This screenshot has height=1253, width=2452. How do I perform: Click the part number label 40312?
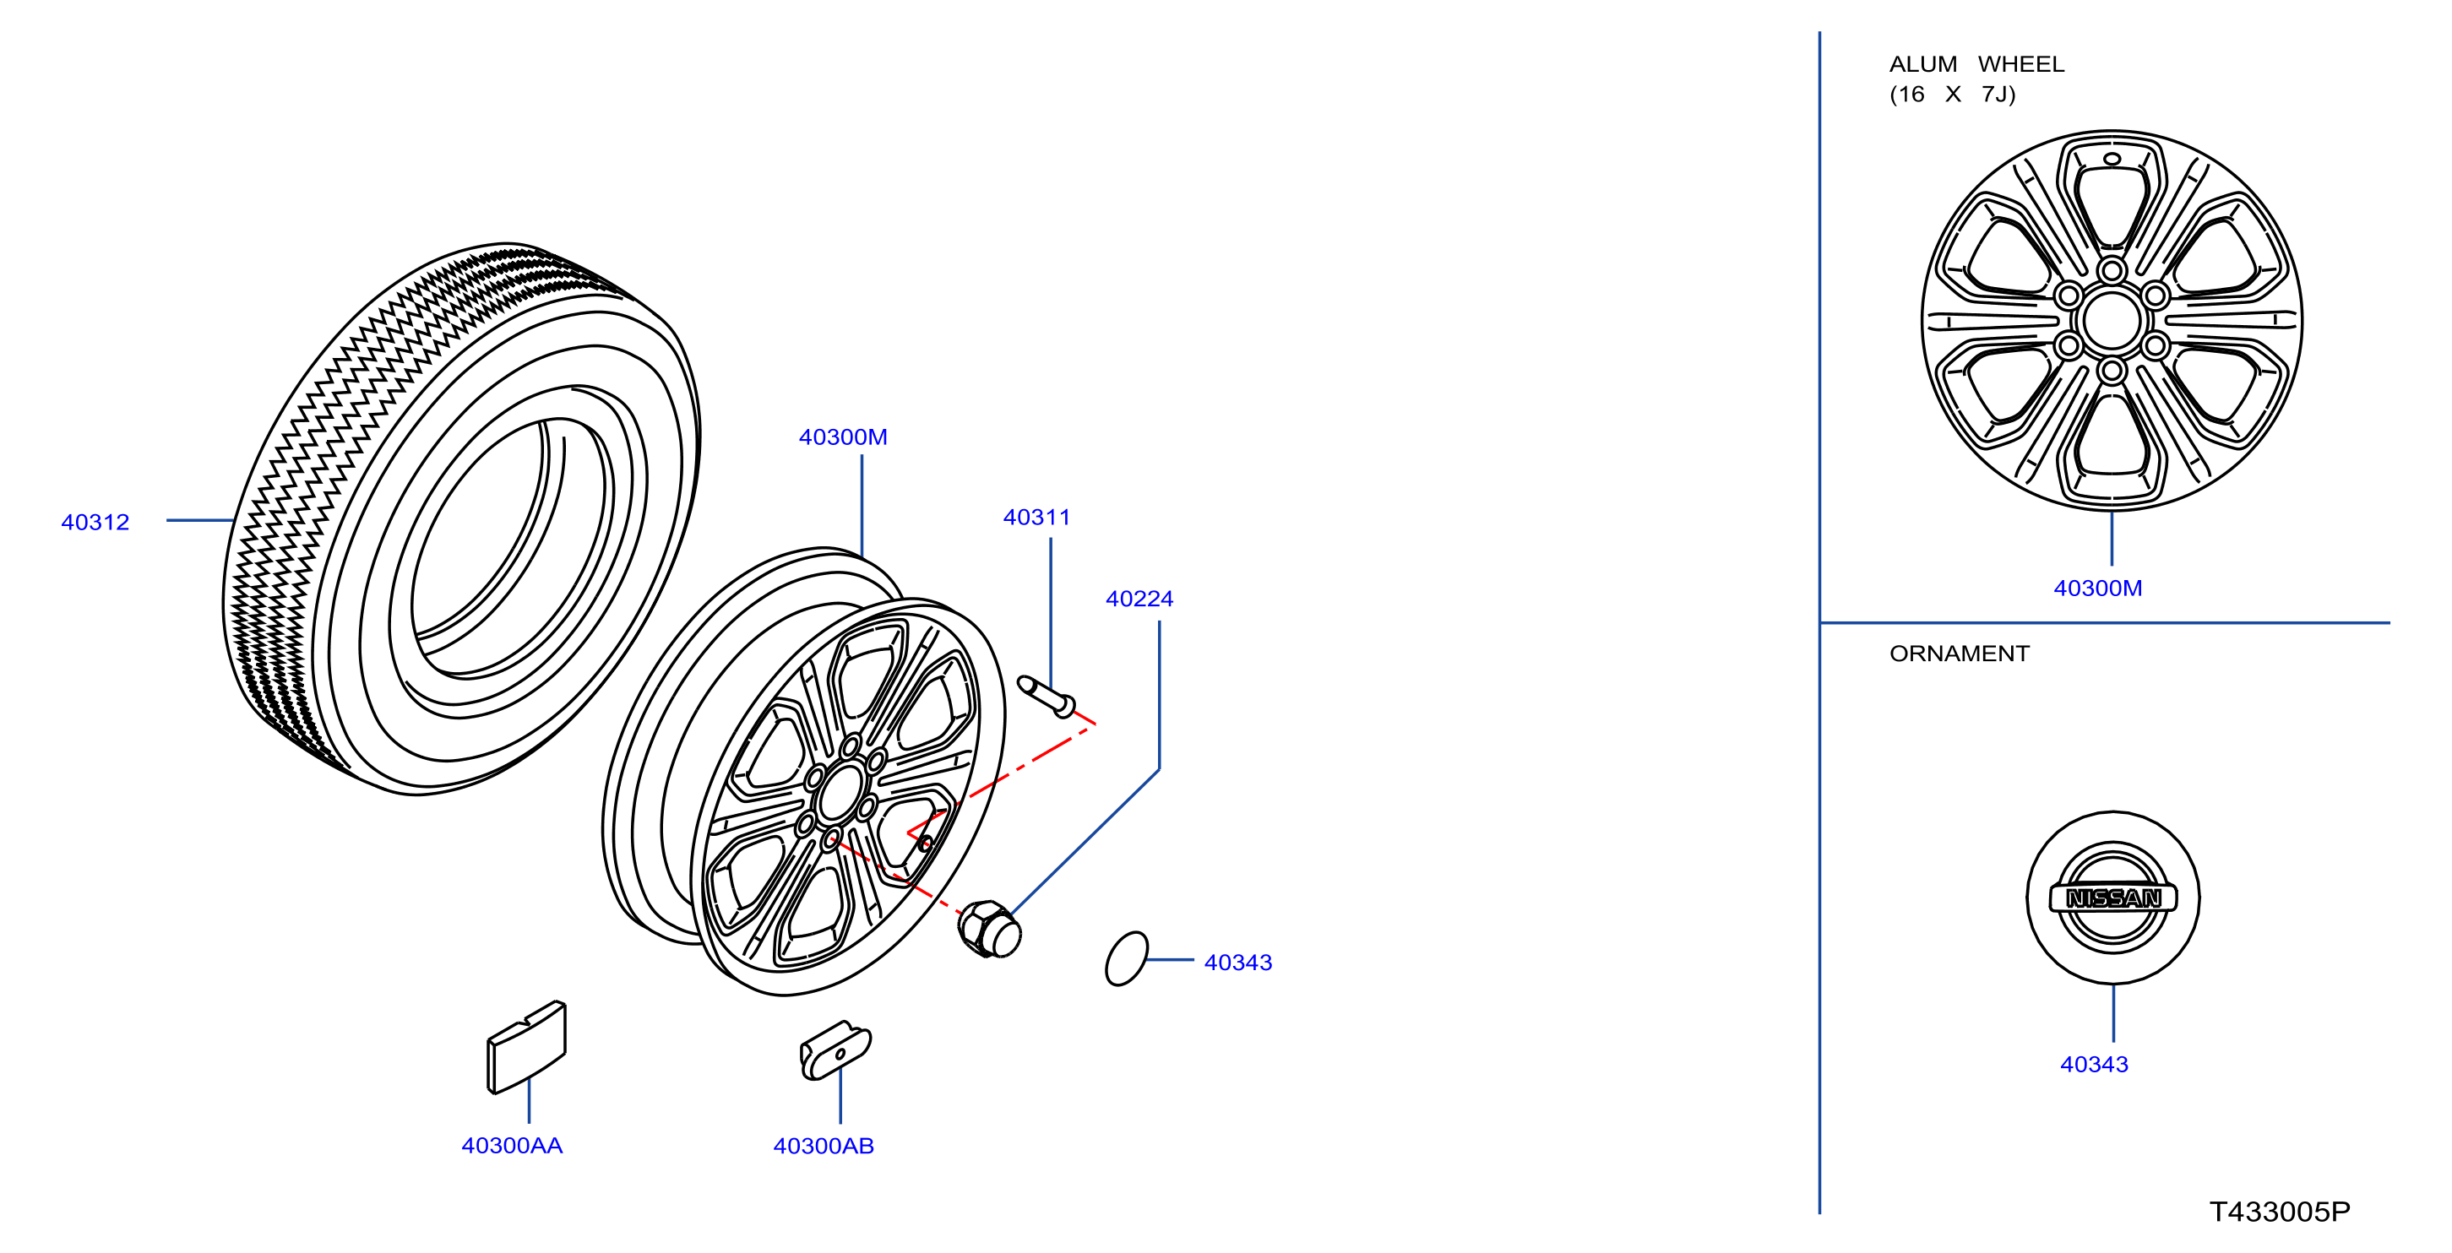[95, 523]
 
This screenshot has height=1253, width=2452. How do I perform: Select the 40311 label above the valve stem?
[1036, 518]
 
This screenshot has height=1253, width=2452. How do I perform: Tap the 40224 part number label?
[1139, 599]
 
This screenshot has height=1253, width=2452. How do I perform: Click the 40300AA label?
[512, 1146]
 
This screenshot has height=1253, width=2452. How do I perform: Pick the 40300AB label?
[824, 1147]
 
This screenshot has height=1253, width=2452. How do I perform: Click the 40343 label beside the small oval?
[1238, 963]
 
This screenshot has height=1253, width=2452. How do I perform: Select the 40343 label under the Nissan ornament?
[2094, 1065]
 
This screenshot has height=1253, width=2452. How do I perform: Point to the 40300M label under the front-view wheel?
[2098, 588]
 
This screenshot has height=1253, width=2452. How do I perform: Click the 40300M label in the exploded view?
[843, 437]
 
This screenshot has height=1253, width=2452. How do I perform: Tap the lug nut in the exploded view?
[990, 930]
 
